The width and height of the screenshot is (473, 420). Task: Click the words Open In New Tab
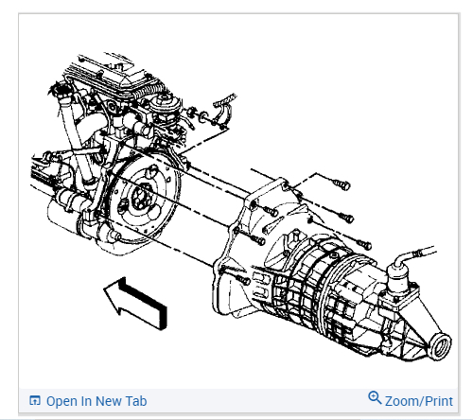[96, 401]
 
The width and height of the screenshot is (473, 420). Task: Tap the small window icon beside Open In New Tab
[35, 400]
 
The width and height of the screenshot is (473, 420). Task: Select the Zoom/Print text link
[419, 401]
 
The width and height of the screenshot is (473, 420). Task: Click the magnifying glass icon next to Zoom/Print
[375, 397]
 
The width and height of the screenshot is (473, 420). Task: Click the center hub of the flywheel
[140, 197]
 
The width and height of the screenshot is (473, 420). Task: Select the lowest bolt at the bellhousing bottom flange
[242, 279]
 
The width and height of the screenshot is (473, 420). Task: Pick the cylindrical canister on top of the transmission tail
[398, 280]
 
